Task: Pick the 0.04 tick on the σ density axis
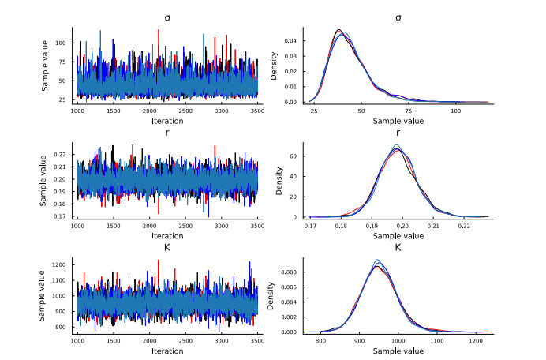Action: [x=293, y=39]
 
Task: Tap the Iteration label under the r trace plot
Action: [x=166, y=236]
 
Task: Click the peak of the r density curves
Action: [x=397, y=147]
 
